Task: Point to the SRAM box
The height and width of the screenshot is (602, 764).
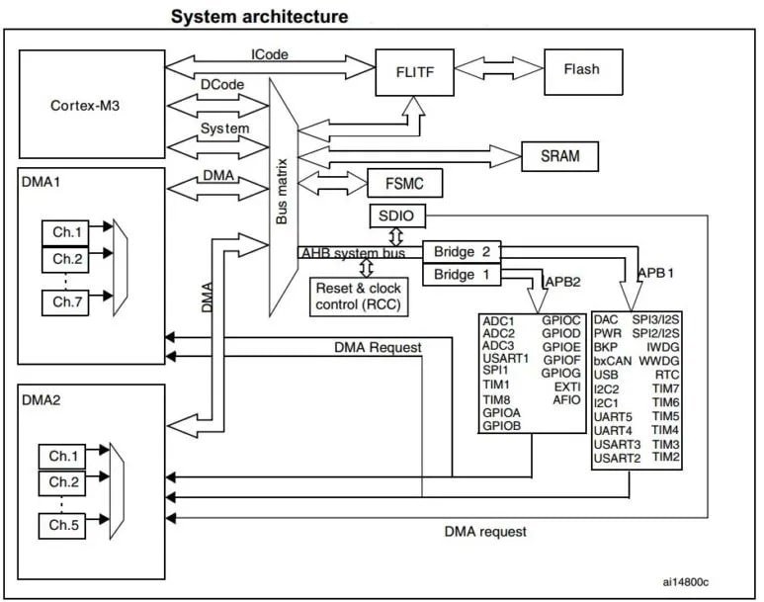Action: (560, 155)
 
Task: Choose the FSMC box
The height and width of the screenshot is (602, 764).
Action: (403, 184)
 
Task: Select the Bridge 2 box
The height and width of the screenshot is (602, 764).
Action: (461, 251)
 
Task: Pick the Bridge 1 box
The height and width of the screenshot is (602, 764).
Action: (461, 274)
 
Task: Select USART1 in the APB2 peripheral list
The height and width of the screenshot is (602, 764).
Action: (506, 357)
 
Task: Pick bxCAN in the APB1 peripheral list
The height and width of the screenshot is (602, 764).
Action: (614, 361)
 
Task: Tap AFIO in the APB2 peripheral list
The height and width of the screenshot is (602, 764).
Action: (566, 399)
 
